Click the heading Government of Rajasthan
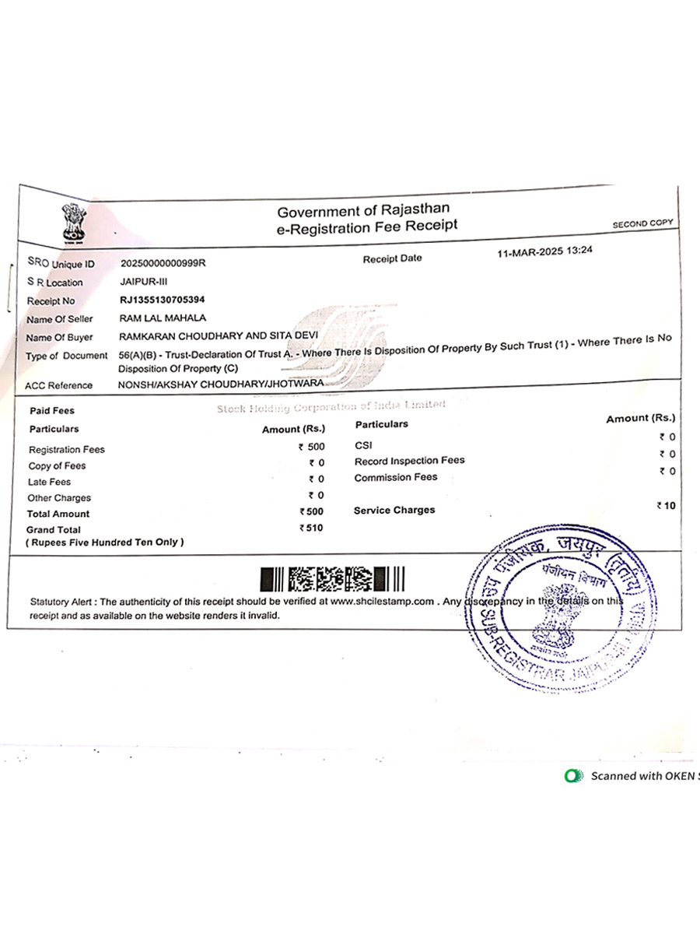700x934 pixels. [363, 210]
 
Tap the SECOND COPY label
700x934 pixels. [642, 224]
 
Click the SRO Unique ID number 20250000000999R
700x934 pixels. [163, 263]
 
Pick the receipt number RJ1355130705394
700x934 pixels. [163, 300]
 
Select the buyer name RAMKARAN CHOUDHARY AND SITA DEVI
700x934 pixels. [219, 336]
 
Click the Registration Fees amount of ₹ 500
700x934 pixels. [312, 448]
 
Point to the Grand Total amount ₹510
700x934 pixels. [312, 528]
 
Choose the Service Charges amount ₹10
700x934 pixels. [666, 506]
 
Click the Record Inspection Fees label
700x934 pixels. [409, 461]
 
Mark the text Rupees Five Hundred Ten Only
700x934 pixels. [105, 542]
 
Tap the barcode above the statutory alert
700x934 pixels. [333, 579]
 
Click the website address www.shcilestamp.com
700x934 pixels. [381, 602]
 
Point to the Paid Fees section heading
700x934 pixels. [52, 411]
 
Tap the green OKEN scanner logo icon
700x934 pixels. [574, 775]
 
